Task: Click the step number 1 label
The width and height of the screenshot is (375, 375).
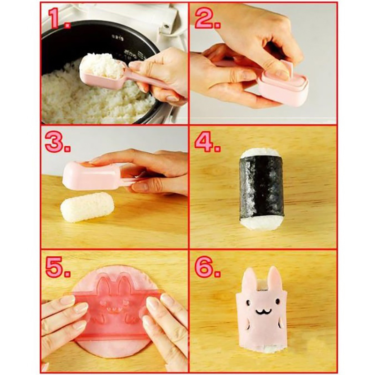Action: click(60, 19)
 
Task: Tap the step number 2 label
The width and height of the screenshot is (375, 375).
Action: click(208, 19)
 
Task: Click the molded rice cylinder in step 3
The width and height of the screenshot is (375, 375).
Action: click(87, 207)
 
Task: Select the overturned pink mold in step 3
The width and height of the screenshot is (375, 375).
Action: click(96, 175)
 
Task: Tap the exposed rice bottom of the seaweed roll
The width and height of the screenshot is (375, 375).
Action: click(262, 223)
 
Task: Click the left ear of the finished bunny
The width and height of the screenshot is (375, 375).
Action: click(249, 280)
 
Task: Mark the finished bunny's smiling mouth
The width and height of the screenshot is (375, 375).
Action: click(263, 311)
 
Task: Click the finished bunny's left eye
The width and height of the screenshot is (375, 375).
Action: click(248, 303)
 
